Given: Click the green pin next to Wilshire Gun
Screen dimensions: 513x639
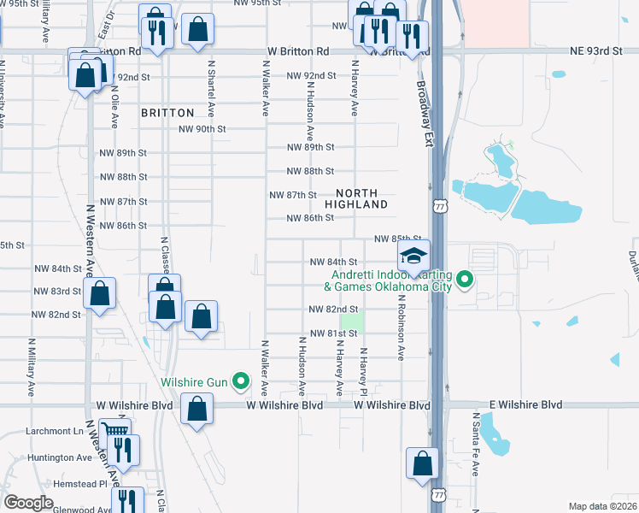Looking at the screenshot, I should tap(242, 381).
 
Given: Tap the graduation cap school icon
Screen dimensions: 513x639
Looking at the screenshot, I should tap(413, 256).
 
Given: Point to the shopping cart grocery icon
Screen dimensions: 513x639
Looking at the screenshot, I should tap(114, 431).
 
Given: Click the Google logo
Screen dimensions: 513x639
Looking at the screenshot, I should tap(28, 503).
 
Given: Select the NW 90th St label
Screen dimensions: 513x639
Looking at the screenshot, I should tap(202, 129).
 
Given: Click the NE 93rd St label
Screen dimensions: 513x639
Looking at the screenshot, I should tap(596, 51).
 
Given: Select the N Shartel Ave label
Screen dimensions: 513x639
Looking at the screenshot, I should tap(210, 89).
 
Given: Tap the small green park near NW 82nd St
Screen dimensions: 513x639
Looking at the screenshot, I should tap(354, 322).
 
